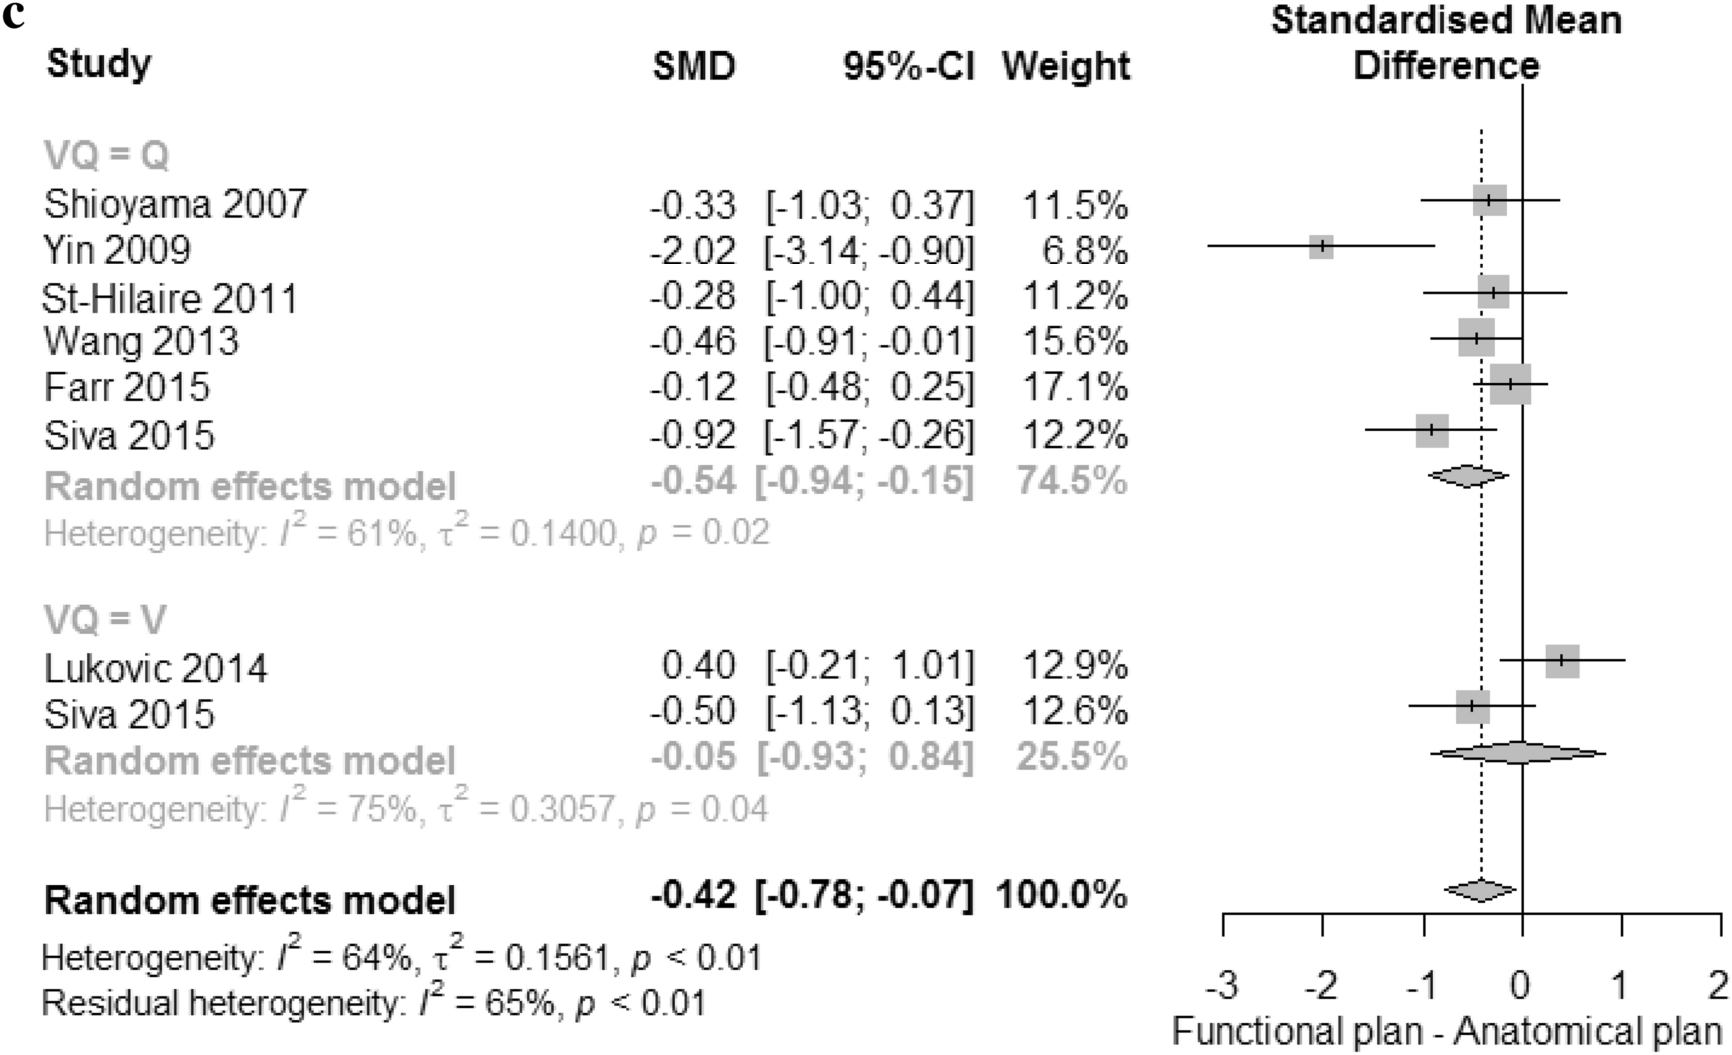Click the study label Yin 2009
click(117, 249)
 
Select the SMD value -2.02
click(693, 250)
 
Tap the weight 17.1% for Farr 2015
click(1075, 387)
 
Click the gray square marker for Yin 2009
click(1321, 246)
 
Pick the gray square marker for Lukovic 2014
click(1562, 660)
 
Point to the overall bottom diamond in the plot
click(1480, 890)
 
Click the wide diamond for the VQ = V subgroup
click(1517, 753)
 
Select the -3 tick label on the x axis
click(1222, 986)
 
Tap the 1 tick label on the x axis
click(1621, 986)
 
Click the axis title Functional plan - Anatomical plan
click(1446, 1031)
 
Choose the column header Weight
click(1066, 67)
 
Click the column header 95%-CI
click(907, 67)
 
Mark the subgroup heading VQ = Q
click(106, 156)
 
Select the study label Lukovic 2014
click(156, 667)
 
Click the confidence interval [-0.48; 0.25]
click(869, 387)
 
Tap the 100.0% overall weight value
click(1061, 894)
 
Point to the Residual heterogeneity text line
click(372, 1003)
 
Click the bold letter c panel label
click(13, 16)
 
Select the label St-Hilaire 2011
click(170, 298)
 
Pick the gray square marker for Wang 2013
click(1476, 338)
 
